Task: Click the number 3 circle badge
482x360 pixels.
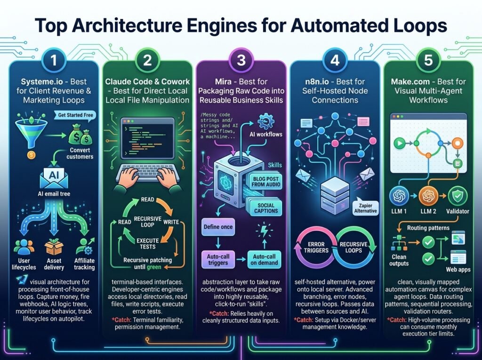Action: coord(241,60)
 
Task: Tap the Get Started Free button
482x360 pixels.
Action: coord(76,115)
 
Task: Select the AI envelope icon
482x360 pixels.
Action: coord(54,177)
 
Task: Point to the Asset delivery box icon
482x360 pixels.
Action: coord(54,248)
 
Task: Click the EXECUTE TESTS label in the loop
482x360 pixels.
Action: coord(147,243)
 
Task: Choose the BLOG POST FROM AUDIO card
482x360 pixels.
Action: coord(265,181)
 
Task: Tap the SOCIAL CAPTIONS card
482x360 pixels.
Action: coord(265,208)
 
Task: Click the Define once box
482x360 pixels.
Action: coord(218,227)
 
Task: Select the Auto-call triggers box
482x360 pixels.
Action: coord(218,259)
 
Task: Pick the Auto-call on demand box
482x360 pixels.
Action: coord(264,259)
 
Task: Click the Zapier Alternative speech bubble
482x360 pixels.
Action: coord(365,208)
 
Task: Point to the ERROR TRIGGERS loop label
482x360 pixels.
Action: coord(316,247)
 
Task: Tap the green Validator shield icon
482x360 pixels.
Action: coord(458,195)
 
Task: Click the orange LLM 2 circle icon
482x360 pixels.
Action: coord(428,195)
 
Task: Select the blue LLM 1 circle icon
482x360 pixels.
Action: coord(399,195)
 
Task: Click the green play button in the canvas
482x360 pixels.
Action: coord(400,143)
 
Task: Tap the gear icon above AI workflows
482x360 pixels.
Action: coord(265,121)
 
